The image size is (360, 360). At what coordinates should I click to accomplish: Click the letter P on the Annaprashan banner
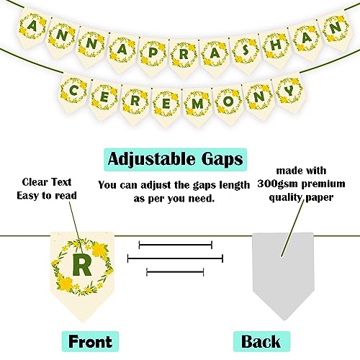point(153,53)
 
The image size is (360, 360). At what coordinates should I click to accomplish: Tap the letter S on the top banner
point(245,50)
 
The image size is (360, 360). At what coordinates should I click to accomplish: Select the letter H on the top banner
point(276,45)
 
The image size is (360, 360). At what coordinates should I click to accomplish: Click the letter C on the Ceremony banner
point(73,91)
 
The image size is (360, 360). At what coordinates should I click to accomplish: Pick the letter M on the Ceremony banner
point(197,104)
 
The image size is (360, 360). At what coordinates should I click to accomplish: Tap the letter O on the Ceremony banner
point(228,101)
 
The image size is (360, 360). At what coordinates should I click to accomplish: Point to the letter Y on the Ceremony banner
point(290,91)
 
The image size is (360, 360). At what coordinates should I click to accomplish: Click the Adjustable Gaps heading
point(175,159)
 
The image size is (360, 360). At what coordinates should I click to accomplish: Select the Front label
point(90,341)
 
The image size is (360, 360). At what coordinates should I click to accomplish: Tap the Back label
point(261,341)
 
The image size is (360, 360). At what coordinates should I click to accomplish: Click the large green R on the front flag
point(82,264)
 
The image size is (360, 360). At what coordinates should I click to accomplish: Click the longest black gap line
point(175,258)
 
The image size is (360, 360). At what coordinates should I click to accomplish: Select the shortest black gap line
point(175,272)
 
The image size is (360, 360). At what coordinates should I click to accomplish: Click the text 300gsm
point(278,184)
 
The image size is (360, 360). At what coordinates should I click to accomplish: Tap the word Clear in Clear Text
point(35,182)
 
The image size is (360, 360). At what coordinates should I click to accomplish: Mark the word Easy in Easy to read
point(27,196)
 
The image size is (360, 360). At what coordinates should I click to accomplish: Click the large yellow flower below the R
point(66,284)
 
